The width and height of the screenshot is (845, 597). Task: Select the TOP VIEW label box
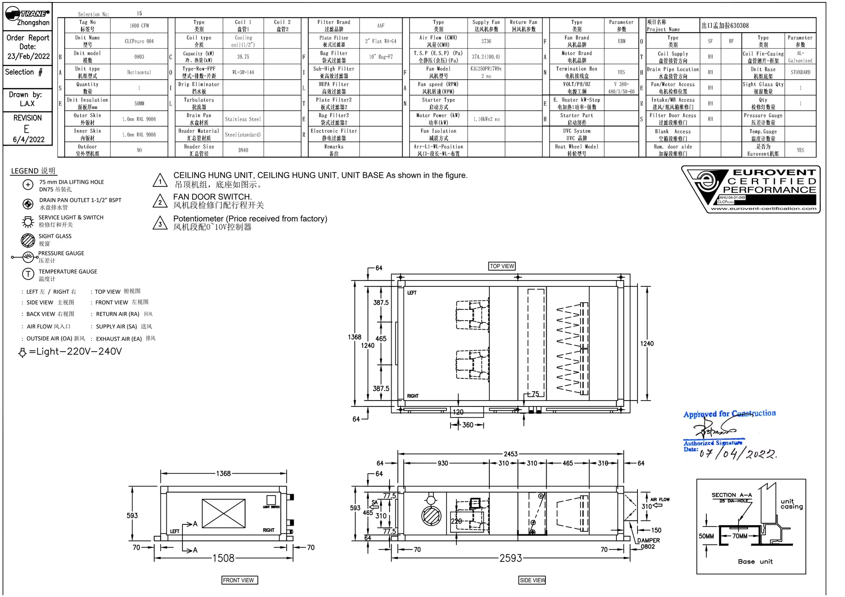click(502, 266)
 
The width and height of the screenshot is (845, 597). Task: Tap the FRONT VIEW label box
click(238, 580)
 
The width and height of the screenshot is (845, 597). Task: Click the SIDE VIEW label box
click(532, 580)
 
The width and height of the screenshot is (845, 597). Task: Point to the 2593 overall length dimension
click(511, 558)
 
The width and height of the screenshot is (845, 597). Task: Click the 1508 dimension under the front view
click(223, 558)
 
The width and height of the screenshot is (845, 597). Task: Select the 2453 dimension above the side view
click(510, 454)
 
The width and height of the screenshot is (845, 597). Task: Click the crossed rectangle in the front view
click(223, 513)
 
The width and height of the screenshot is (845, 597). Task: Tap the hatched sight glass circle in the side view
click(431, 516)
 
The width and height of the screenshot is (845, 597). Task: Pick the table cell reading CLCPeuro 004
click(139, 41)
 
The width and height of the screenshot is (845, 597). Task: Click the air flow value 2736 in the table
click(486, 41)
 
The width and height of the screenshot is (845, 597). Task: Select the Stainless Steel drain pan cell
click(243, 119)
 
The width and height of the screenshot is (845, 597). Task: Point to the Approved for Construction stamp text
click(729, 413)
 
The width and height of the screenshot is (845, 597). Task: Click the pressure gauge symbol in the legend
click(28, 257)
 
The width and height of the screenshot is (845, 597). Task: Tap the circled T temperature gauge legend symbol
click(28, 274)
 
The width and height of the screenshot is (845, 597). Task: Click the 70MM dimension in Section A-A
click(740, 536)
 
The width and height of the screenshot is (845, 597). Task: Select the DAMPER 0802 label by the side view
click(648, 543)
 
